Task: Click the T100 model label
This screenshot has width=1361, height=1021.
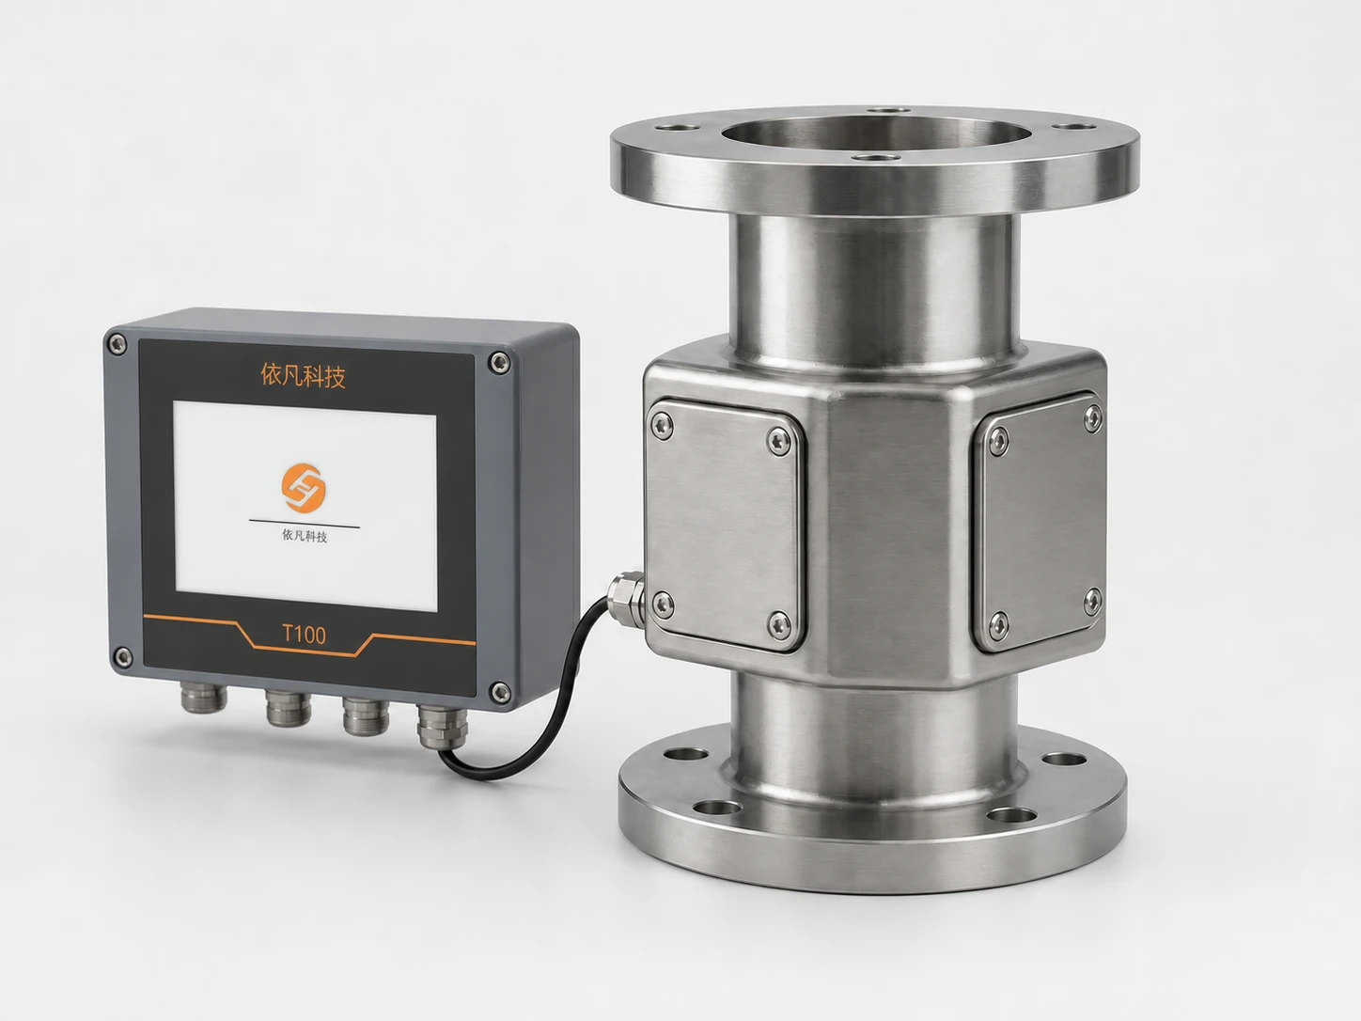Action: point(304,635)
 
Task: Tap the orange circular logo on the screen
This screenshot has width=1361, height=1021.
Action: point(304,488)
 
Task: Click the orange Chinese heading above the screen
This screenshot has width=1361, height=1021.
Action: point(303,376)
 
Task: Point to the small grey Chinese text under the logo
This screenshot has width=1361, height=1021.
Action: point(305,536)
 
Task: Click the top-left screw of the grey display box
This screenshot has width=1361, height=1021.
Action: point(117,344)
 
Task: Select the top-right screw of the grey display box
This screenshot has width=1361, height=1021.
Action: point(500,363)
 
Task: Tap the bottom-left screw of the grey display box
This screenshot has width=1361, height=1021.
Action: point(123,657)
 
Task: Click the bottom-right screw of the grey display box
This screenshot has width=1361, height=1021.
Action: point(500,692)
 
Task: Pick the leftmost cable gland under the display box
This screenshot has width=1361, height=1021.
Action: point(204,697)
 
